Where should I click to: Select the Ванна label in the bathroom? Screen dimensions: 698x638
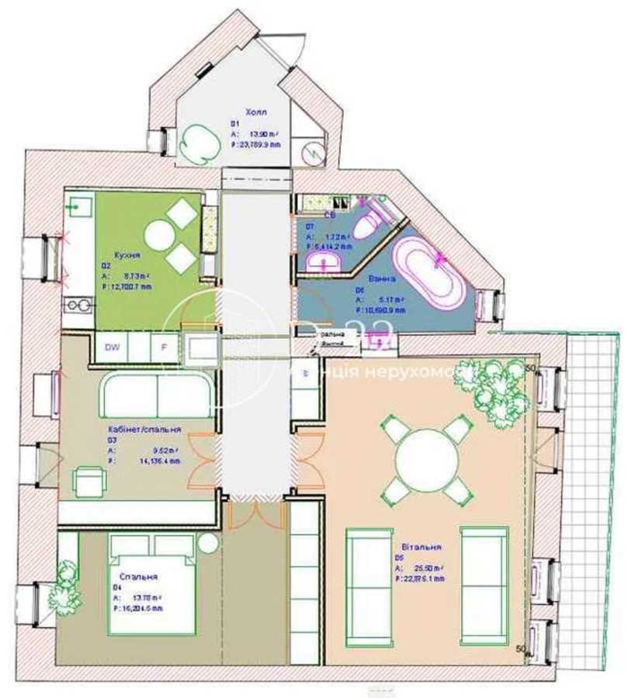click(x=367, y=277)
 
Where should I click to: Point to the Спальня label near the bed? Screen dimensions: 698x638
click(x=139, y=577)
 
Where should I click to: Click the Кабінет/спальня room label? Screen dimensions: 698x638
click(x=145, y=428)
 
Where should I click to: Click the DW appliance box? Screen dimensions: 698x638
click(x=113, y=347)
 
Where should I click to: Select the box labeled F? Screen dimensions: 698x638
click(x=164, y=347)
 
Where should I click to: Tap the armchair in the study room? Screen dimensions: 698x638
click(x=89, y=481)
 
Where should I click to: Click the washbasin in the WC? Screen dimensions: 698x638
click(x=324, y=260)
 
